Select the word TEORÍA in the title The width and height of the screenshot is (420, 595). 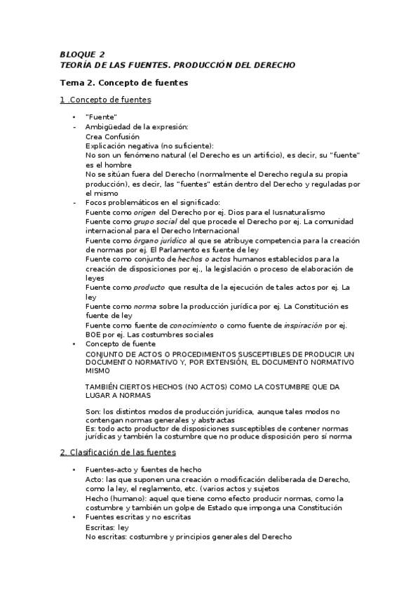click(77, 65)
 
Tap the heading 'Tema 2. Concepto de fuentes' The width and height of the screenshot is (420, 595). click(123, 83)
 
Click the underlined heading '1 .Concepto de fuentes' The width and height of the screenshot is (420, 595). click(105, 100)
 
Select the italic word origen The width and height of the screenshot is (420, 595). click(140, 212)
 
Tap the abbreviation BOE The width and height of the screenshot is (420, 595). click(94, 335)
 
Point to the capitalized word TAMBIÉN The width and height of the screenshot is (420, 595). click(102, 387)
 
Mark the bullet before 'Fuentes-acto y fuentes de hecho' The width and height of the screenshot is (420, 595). click(74, 469)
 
